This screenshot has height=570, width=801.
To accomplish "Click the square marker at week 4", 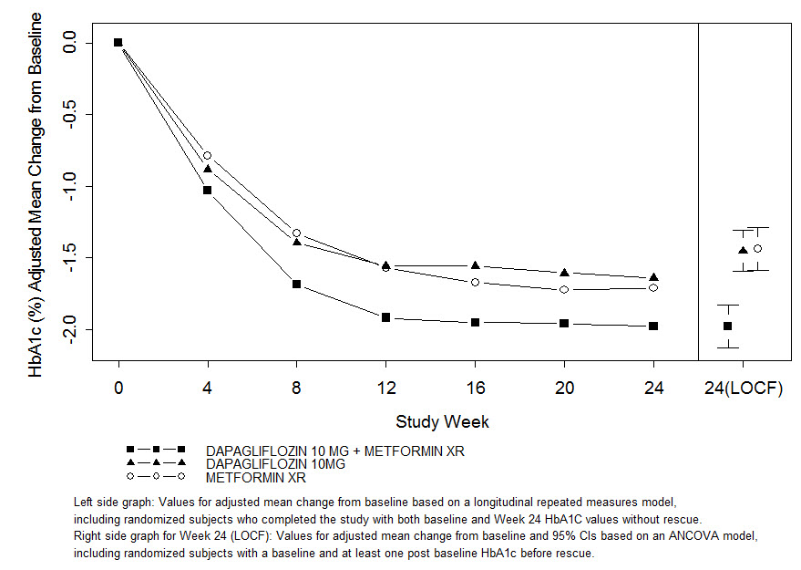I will click(208, 190).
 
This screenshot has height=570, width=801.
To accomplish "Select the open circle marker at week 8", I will click(297, 233).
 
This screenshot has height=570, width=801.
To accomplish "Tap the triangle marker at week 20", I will click(564, 273).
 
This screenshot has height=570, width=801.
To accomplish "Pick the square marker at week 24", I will click(653, 326).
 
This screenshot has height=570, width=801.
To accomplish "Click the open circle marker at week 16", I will click(475, 282).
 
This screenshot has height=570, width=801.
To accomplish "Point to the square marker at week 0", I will click(118, 42).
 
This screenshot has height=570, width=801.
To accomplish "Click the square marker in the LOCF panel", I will click(727, 326).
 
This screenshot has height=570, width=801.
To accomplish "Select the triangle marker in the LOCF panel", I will click(743, 250).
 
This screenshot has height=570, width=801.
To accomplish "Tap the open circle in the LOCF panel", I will click(757, 248).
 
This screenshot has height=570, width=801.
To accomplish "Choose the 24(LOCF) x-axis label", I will click(743, 388).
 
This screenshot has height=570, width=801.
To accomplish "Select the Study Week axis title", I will click(442, 421).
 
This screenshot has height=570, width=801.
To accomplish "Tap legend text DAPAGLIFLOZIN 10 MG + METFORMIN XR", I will click(335, 451).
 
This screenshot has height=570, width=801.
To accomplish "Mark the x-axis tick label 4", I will click(208, 388).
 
